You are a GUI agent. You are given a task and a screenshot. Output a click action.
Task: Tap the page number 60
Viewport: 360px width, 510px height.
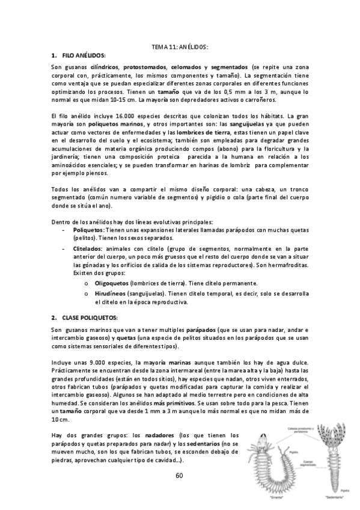coord(179,475)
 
